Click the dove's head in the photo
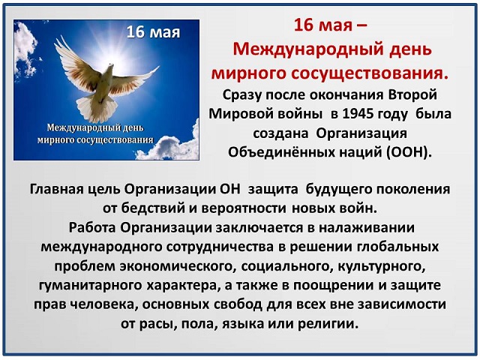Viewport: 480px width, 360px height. point(110,67)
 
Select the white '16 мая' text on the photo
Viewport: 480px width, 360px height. point(153,32)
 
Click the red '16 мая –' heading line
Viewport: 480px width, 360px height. point(330,25)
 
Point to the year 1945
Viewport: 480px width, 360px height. point(358,114)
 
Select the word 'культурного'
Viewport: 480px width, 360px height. point(382,266)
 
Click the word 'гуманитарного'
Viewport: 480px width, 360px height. point(90,286)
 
